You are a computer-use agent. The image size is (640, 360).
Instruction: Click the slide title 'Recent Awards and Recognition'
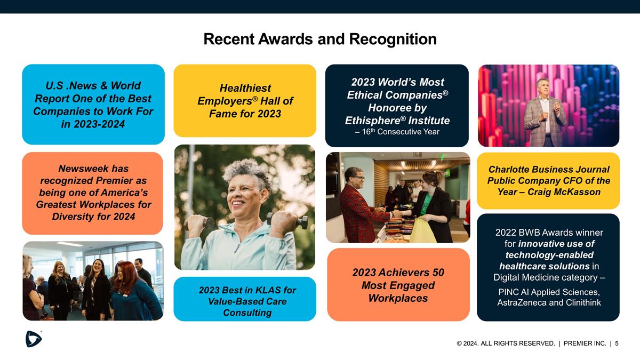[x=320, y=39]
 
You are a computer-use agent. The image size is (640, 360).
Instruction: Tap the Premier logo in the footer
[x=34, y=339]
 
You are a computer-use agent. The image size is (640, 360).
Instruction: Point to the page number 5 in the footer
[x=617, y=343]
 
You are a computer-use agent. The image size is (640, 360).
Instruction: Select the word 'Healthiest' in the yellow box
[x=245, y=88]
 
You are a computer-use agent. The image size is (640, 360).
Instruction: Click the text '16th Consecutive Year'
[x=399, y=132]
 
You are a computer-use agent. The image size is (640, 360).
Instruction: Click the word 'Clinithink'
[x=579, y=302]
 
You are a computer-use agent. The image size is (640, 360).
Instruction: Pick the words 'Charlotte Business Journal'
[x=549, y=169]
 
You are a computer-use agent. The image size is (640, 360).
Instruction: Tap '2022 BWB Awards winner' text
[x=549, y=233]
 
